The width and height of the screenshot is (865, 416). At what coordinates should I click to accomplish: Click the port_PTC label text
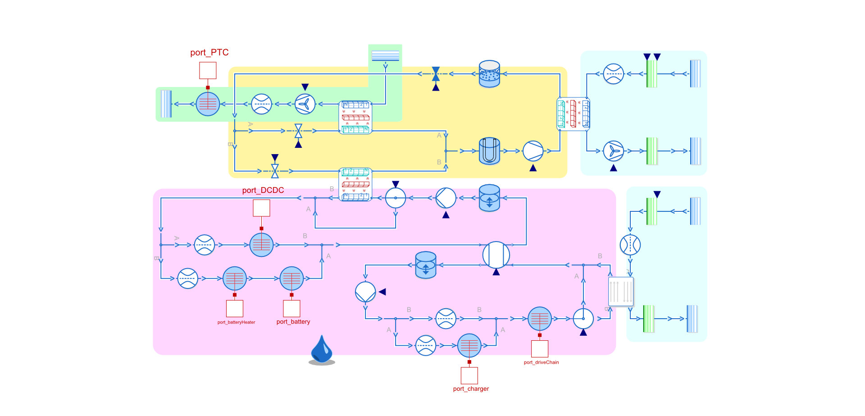[209, 53]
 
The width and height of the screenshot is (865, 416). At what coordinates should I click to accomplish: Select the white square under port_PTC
[208, 70]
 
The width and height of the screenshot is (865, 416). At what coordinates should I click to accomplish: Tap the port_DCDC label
[263, 190]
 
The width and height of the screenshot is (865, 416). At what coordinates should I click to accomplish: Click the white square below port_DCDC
[261, 208]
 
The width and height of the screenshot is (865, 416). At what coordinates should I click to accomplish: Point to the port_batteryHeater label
[236, 322]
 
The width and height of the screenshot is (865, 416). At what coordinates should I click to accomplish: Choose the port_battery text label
[293, 322]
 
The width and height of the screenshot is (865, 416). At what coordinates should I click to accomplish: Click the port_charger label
[471, 389]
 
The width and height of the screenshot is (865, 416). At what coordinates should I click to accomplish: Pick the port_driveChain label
[541, 362]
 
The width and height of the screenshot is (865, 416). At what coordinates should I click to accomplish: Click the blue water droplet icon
[322, 350]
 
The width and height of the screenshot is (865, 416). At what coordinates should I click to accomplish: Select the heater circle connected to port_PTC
[208, 104]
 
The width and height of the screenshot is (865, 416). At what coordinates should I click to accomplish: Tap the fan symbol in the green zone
[305, 104]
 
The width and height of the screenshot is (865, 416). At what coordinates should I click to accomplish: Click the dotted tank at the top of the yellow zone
[489, 73]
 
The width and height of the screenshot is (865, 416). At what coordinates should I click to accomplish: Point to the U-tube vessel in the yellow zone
[489, 151]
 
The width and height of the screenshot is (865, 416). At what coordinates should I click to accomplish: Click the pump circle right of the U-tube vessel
[533, 151]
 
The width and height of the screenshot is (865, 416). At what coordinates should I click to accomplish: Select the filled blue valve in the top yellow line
[436, 74]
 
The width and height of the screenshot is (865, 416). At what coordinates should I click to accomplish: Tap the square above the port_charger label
[469, 375]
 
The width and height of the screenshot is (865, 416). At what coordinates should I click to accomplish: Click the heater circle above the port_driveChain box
[539, 319]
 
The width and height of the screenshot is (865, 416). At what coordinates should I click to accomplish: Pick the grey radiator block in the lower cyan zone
[621, 292]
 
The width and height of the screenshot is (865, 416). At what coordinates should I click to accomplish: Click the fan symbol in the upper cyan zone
[613, 151]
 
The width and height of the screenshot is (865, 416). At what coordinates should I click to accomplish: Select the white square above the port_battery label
[291, 308]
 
